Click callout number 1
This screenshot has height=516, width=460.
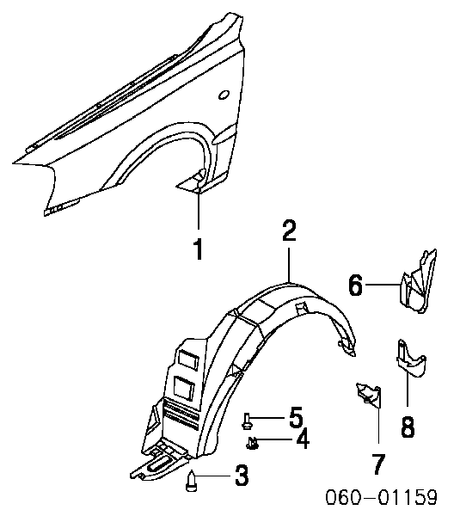click(x=198, y=249)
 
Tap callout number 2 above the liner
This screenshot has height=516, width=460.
click(x=289, y=230)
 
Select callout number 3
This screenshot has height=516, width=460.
click(x=242, y=476)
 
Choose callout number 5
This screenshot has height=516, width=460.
click(x=296, y=417)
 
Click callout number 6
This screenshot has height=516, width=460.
click(x=356, y=285)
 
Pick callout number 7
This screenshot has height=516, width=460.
click(x=378, y=464)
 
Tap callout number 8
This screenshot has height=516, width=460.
click(x=408, y=427)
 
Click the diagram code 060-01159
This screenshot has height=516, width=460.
click(x=382, y=497)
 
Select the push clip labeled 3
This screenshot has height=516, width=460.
click(x=191, y=481)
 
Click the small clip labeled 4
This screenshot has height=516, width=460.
click(x=252, y=442)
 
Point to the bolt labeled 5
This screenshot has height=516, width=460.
click(x=247, y=421)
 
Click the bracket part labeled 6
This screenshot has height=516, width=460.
click(x=417, y=283)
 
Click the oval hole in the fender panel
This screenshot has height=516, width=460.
click(x=224, y=95)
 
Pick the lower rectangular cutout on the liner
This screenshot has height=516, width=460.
click(x=185, y=387)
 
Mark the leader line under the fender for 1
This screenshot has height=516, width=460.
click(x=199, y=209)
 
